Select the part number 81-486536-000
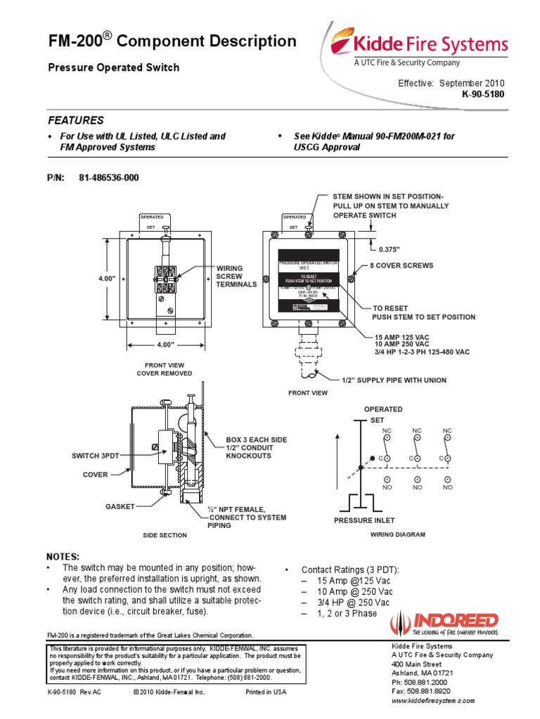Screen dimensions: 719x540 [x=109, y=178]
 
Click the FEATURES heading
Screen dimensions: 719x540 [x=75, y=120]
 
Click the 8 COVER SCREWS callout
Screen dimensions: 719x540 [x=402, y=266]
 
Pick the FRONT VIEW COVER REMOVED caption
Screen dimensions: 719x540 [x=164, y=369]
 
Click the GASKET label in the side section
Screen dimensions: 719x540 [x=120, y=506]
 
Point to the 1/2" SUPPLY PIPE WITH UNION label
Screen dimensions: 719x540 [x=394, y=380]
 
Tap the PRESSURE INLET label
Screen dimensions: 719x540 [x=364, y=520]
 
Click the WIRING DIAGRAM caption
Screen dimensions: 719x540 [x=397, y=534]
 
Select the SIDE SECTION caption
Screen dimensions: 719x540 [x=165, y=535]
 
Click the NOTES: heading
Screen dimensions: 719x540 [x=63, y=556]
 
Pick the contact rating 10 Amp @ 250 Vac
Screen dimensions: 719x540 [x=346, y=592]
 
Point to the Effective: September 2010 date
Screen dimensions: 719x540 [x=451, y=83]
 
